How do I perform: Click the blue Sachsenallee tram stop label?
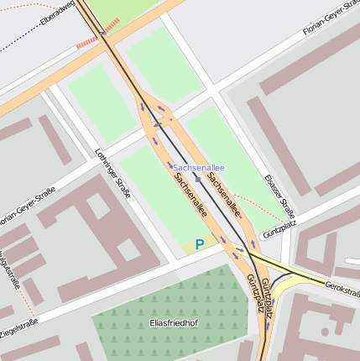point(199,168)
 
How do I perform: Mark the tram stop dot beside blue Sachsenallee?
point(198,178)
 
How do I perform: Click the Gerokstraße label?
point(342,288)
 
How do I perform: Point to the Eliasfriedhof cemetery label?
point(172,322)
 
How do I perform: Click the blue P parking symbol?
point(199,244)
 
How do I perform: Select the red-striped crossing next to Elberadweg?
point(87,41)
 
